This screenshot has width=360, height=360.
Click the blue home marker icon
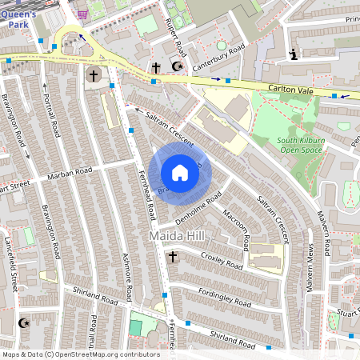point(180,172)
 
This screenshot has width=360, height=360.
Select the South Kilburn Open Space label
point(300,145)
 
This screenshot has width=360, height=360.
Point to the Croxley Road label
point(222,261)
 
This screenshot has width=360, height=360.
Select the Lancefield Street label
point(14,272)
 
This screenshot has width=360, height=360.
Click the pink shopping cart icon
point(83,14)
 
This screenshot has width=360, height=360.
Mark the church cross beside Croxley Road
point(172,257)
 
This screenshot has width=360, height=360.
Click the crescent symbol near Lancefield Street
point(23,323)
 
